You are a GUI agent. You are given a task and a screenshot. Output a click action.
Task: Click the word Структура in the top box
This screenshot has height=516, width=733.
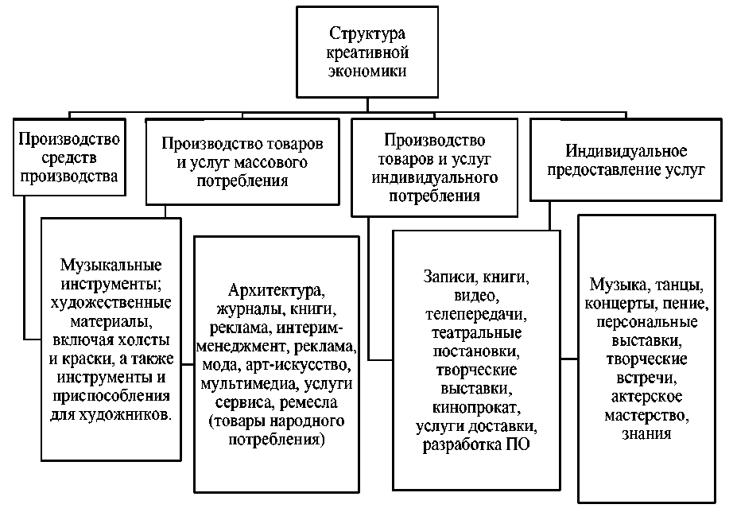[367, 35]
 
